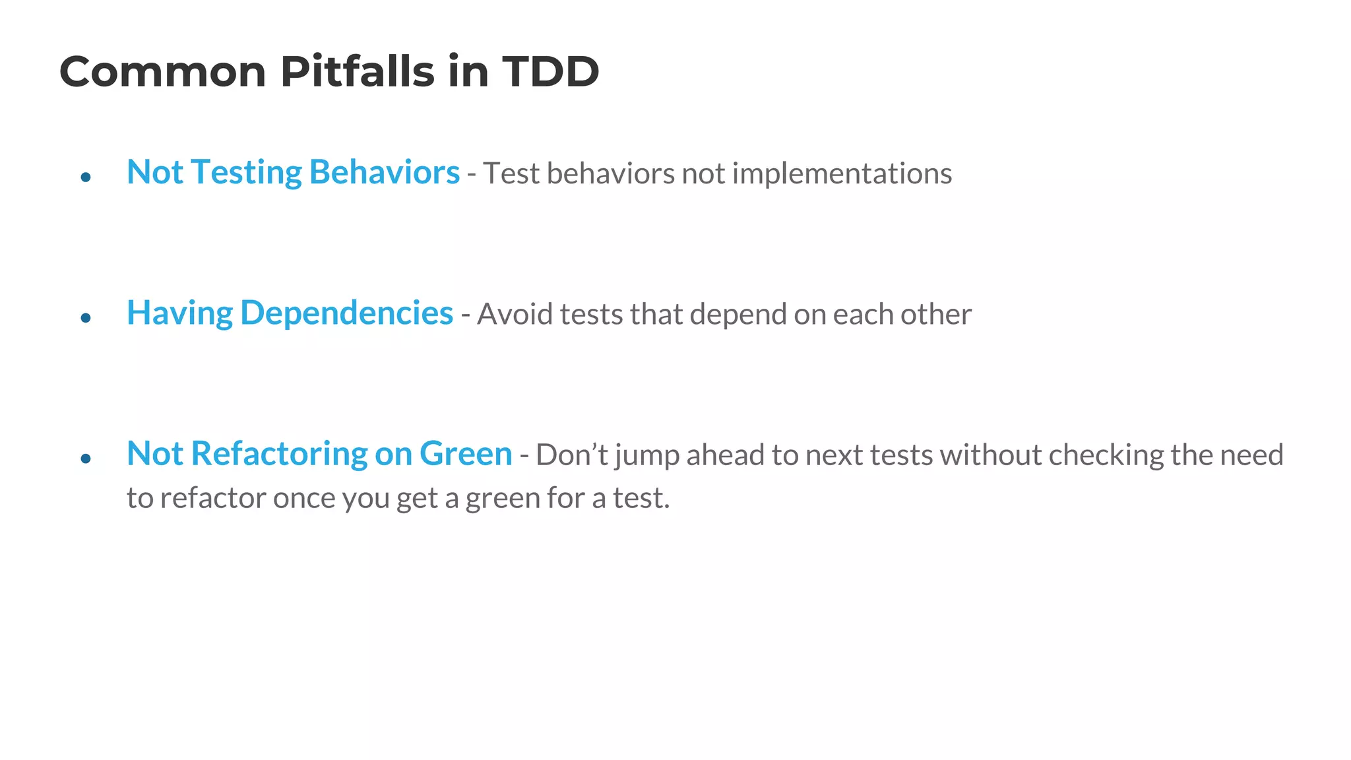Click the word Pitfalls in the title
point(357,71)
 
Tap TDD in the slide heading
point(550,71)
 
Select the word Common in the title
point(162,71)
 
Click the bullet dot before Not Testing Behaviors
point(85,177)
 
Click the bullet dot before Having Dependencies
point(85,318)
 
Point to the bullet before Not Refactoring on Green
point(85,459)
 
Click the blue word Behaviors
point(384,173)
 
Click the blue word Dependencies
point(346,314)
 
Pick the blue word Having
point(179,314)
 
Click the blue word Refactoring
point(279,455)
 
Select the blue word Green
point(466,455)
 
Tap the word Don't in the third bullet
point(572,455)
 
